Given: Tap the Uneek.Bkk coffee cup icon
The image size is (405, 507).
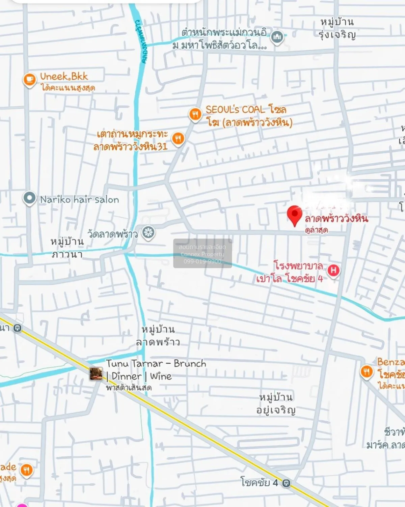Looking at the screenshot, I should click(x=29, y=80).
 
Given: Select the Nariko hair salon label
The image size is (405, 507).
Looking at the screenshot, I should click(x=79, y=200).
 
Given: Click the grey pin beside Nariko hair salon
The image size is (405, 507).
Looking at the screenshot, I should click(x=29, y=198).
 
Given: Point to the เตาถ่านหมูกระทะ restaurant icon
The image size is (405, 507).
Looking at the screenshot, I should click(x=178, y=138).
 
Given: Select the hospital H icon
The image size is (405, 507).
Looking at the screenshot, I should click(x=333, y=271).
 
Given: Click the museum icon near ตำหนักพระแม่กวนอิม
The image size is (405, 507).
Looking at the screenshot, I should click(x=277, y=36).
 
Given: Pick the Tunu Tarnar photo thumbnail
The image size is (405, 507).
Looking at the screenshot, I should click(x=96, y=374).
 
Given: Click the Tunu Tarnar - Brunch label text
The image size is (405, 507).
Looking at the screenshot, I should click(x=156, y=364).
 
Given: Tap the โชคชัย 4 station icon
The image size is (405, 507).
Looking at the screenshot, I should click(x=286, y=483).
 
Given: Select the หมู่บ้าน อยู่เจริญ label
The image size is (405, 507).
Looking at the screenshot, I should click(x=276, y=403).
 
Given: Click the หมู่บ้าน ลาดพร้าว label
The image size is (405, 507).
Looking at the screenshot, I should click(x=158, y=336).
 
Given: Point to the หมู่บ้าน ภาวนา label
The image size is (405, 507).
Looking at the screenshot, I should click(x=67, y=248).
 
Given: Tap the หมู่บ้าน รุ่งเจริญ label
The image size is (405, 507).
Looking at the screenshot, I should click(x=337, y=28).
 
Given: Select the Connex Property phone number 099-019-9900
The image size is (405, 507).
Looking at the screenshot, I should click(x=202, y=261).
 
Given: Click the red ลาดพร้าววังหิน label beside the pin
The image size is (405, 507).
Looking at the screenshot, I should click(x=336, y=219).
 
